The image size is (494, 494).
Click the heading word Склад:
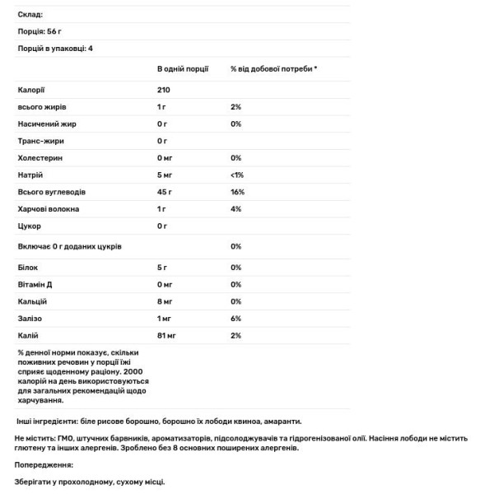point(30,15)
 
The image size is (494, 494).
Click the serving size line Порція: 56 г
point(40,31)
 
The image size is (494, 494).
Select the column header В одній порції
point(183,70)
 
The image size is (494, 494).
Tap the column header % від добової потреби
point(273,70)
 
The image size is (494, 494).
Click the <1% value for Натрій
point(237,175)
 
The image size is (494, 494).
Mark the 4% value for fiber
point(235,209)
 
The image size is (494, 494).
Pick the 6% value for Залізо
point(235,319)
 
